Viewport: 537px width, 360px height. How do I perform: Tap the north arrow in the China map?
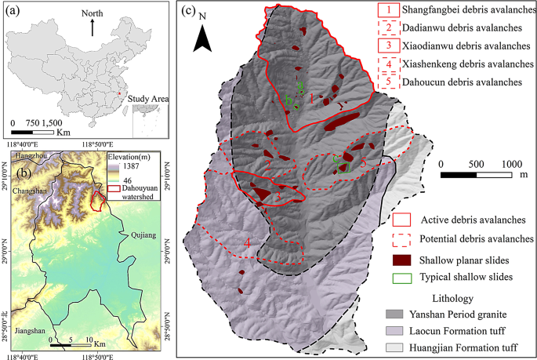point(93,27)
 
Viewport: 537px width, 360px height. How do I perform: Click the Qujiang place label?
point(143,235)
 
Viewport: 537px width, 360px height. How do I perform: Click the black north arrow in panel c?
point(202,35)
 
